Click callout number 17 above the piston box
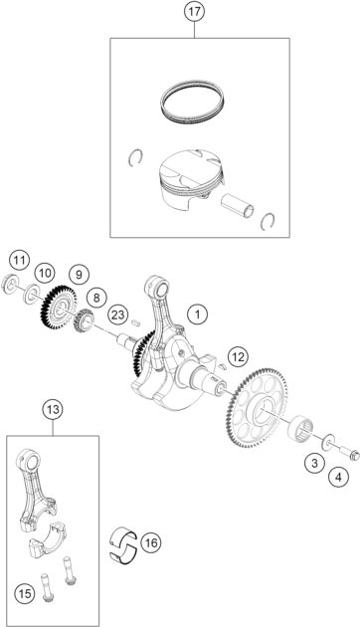(x=195, y=14)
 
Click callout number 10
(x=45, y=272)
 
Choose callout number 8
(x=95, y=297)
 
